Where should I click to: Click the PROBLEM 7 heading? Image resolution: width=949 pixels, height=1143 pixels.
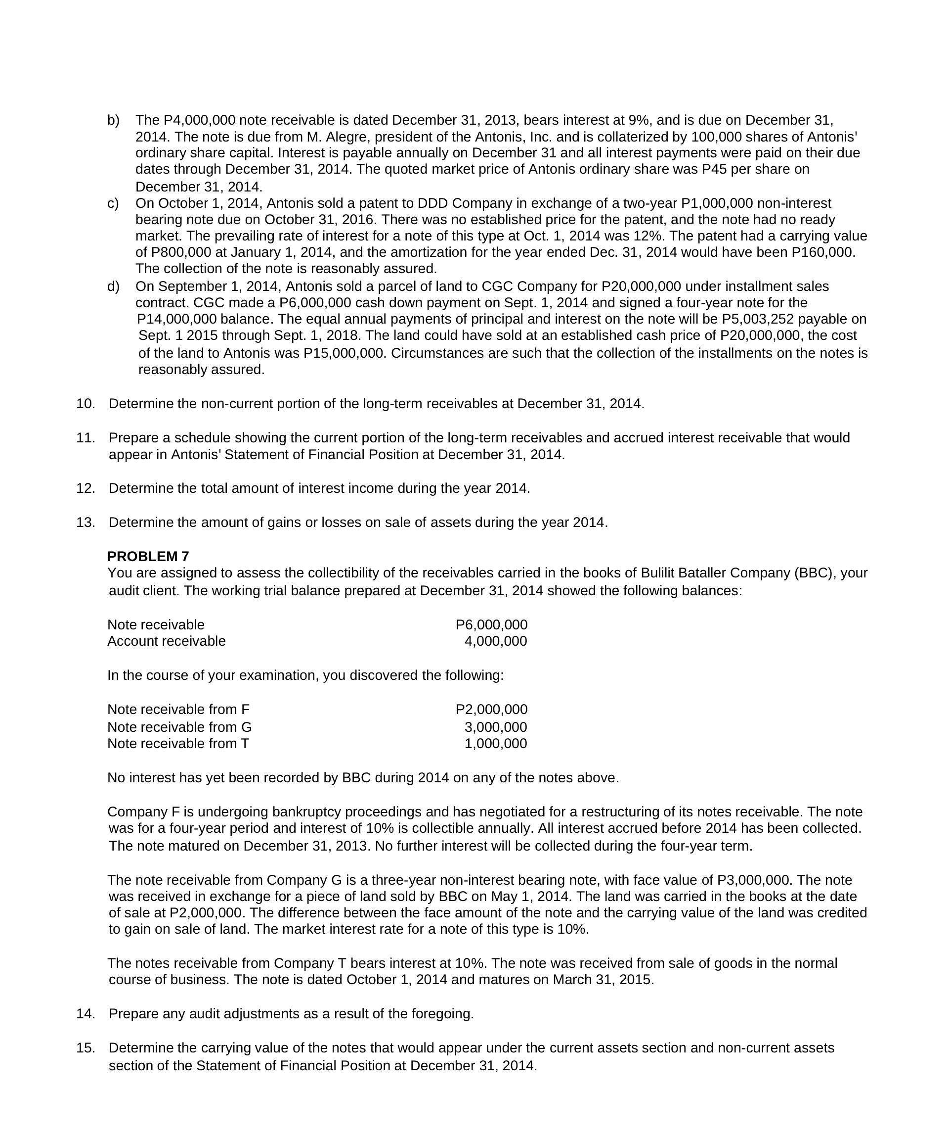click(148, 556)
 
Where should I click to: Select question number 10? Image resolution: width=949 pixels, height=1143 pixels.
click(86, 404)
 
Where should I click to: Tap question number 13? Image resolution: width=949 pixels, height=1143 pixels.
click(86, 523)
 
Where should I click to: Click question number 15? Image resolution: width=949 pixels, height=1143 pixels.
click(86, 1048)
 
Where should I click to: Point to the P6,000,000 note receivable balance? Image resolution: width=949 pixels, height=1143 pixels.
click(491, 625)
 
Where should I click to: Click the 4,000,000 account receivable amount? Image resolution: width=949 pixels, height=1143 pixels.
click(495, 641)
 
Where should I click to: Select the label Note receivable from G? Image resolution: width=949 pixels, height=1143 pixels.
click(179, 727)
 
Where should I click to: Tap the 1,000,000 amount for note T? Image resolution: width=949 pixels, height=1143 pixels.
click(495, 744)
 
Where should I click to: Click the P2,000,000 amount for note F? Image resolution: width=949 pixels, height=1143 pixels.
click(491, 710)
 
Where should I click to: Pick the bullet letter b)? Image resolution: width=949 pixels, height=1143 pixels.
click(113, 120)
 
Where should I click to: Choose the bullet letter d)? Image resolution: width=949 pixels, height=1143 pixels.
click(113, 286)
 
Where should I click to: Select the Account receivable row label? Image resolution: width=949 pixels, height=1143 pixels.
click(167, 641)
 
